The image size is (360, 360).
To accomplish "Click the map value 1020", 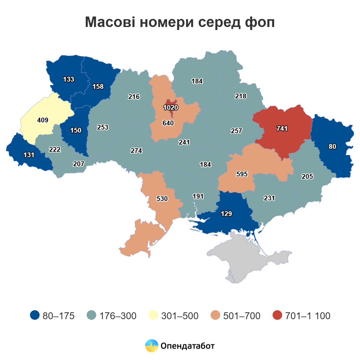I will [171, 107].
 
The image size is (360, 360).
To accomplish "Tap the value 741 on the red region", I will [282, 128].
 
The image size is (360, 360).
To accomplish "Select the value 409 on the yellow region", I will [43, 120].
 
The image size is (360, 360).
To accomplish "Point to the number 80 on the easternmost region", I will [332, 146].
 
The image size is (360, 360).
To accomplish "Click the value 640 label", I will [168, 123].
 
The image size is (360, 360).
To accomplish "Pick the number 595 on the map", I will [242, 174].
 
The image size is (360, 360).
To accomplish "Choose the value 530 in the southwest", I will [162, 199].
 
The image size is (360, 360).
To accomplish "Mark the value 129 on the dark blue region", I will [226, 214].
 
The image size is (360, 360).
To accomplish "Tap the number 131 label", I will [29, 155].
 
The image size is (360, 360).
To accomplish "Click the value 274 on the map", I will [136, 151].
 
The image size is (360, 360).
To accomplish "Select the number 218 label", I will [241, 96].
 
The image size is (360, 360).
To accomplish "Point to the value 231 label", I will [269, 198].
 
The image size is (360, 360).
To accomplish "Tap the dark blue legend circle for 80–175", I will [35, 315].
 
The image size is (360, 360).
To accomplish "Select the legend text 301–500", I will [180, 316].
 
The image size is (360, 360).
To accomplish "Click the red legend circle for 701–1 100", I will [277, 315].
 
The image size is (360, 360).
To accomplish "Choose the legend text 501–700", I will [242, 316].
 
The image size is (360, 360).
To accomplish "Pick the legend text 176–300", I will [118, 316].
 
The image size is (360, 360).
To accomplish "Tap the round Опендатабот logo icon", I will [151, 346].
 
